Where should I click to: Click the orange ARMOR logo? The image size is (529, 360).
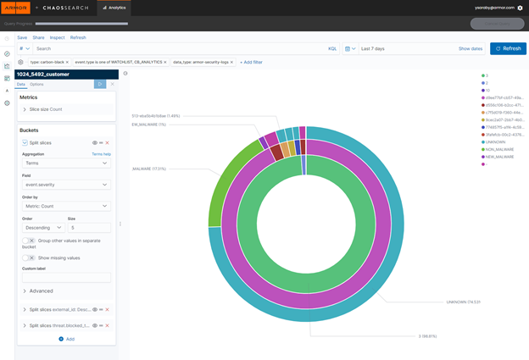(16, 8)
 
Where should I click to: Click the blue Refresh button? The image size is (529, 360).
(508, 48)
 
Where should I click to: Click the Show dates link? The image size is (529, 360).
(471, 48)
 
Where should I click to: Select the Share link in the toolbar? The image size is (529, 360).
(38, 37)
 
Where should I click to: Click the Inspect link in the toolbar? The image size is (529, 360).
(57, 37)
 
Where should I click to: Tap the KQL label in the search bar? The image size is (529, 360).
(332, 48)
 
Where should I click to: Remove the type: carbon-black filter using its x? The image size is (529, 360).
(67, 62)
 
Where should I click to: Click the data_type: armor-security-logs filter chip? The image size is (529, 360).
(200, 62)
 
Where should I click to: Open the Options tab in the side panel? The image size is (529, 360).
(36, 84)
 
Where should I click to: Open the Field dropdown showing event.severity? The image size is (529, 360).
(66, 185)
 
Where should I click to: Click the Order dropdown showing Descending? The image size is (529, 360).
(42, 228)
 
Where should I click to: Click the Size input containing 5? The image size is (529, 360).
(89, 228)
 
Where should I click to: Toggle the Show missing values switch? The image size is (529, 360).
(29, 258)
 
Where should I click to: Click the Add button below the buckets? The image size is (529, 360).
(66, 339)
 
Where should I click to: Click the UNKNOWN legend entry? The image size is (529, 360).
(496, 141)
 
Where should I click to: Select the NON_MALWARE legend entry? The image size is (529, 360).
(499, 149)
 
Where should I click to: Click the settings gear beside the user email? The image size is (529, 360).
(520, 8)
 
